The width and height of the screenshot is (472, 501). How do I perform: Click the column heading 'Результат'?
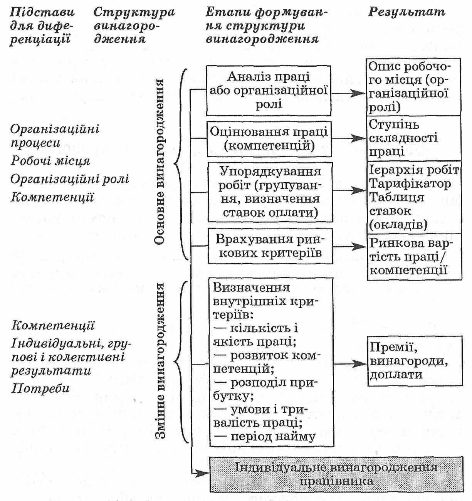(406, 12)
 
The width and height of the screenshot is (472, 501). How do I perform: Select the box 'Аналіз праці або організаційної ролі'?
(269, 91)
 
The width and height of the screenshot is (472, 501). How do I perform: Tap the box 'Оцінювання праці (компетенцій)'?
(269, 139)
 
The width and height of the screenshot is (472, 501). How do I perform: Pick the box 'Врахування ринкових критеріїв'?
(270, 246)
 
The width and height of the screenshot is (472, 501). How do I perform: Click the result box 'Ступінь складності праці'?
(413, 138)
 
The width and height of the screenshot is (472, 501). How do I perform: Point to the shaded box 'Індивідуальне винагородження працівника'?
(336, 474)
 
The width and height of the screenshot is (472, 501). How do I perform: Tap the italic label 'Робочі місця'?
(50, 160)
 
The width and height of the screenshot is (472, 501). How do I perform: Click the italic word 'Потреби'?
(40, 387)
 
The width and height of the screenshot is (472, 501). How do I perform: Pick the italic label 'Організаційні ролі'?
(70, 179)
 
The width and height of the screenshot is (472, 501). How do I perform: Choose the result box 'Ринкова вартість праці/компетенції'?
(413, 257)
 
